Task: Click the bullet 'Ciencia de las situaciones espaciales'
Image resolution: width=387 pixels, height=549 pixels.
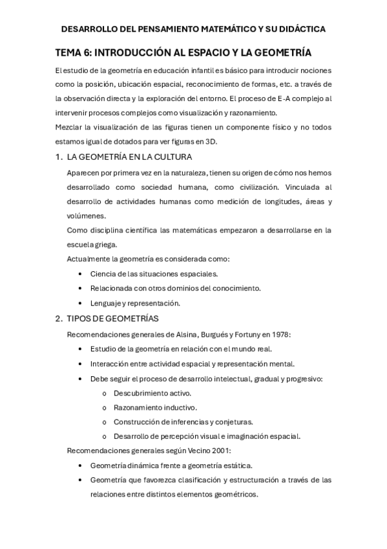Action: [154, 274]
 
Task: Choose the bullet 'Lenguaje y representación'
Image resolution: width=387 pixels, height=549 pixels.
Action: [135, 303]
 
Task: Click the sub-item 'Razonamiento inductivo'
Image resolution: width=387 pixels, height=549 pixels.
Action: [155, 407]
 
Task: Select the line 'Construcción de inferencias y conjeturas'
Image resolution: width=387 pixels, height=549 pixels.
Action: [183, 421]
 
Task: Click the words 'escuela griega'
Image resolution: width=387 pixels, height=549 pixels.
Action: [92, 245]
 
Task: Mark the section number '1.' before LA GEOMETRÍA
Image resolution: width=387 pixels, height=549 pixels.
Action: [59, 157]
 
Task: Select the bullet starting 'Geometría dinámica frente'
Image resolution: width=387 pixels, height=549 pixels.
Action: [171, 465]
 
